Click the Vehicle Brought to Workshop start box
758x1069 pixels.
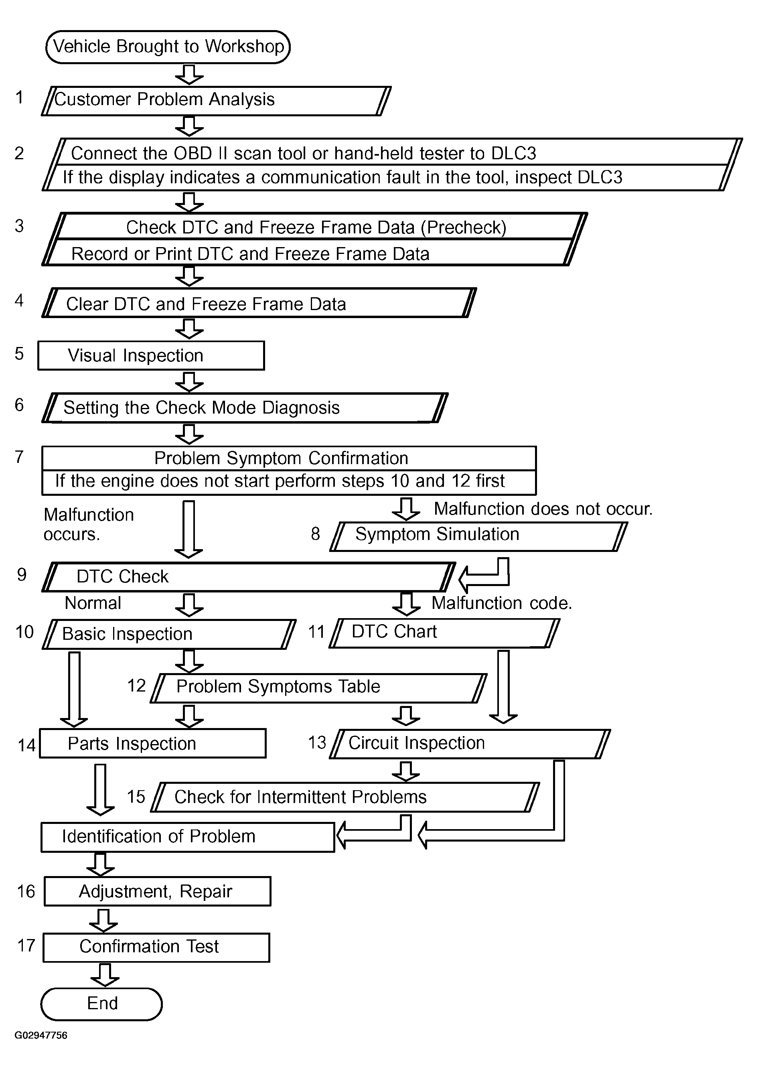[168, 47]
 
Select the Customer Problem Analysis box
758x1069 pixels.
[216, 100]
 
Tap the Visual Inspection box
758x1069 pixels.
[151, 356]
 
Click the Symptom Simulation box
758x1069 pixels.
[478, 536]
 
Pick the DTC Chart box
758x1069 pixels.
[444, 633]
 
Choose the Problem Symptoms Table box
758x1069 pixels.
[319, 688]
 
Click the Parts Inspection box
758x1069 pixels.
[153, 743]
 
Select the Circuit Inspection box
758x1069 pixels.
[470, 744]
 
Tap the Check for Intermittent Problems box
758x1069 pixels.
[345, 797]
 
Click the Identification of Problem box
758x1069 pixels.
[188, 837]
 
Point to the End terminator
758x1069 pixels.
[101, 1004]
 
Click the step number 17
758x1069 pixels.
[26, 946]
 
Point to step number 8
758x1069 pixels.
[316, 533]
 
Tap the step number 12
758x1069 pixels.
[136, 686]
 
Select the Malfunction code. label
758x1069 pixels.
[502, 603]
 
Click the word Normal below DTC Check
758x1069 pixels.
[93, 603]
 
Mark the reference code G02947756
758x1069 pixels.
[41, 1035]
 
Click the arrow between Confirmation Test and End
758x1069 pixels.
[105, 975]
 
